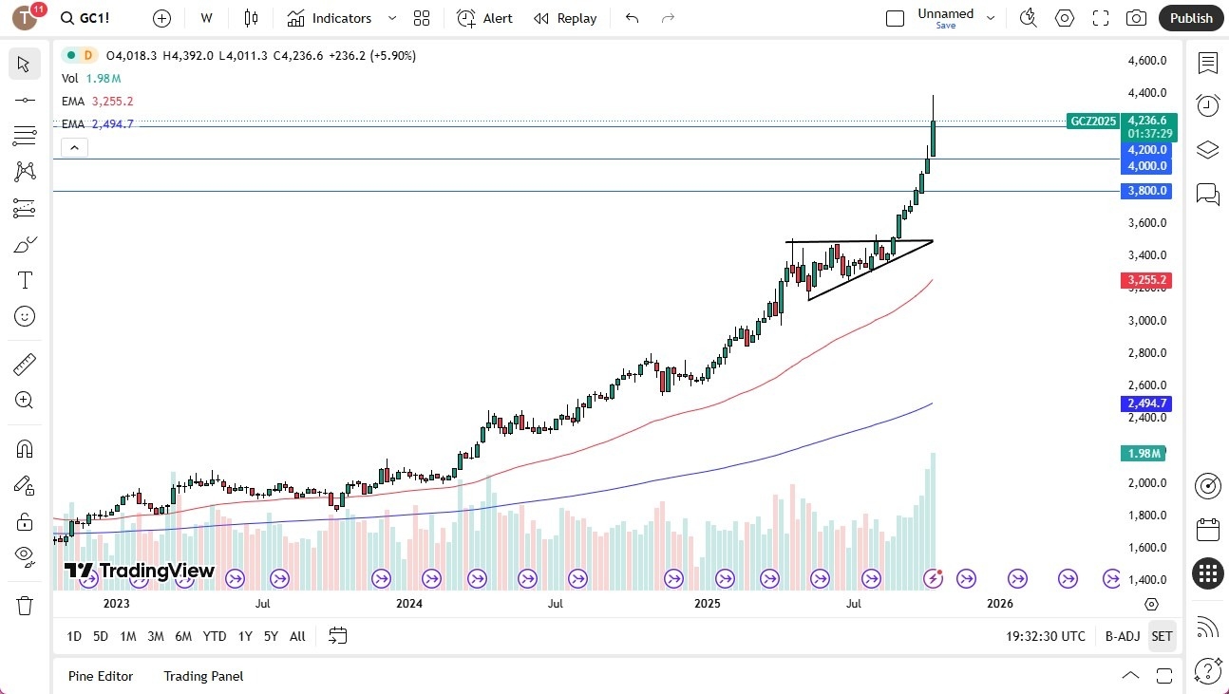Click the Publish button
(1191, 18)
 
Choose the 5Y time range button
(271, 636)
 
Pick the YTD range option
(215, 636)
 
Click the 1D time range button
(74, 636)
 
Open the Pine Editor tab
(101, 676)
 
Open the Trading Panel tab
(203, 676)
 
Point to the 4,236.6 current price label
(1144, 121)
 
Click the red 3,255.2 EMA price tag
(1145, 280)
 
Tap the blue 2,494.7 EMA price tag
(1145, 403)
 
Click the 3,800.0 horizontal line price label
(1145, 191)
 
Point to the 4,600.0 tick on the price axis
(1146, 61)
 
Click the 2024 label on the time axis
(408, 603)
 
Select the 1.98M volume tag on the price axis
(1144, 453)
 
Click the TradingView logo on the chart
(140, 571)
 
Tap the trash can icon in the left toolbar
(25, 605)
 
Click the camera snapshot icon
(1135, 18)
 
